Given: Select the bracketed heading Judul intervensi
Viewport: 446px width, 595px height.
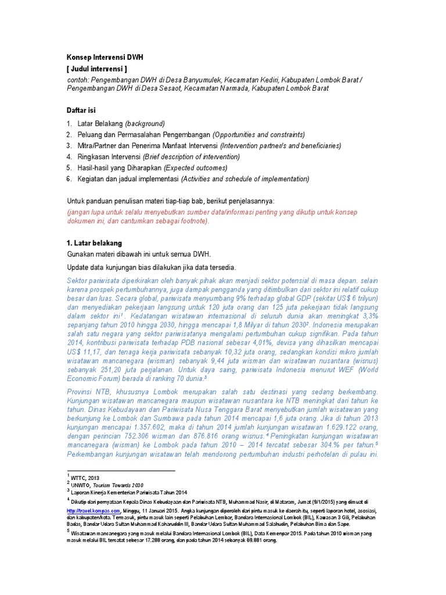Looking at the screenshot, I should (x=102, y=69).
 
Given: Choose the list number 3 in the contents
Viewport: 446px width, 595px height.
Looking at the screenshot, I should (x=69, y=146).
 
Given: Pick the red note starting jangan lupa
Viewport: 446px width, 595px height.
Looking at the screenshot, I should (x=212, y=216).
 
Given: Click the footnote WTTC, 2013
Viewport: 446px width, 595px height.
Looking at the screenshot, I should (x=86, y=478).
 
